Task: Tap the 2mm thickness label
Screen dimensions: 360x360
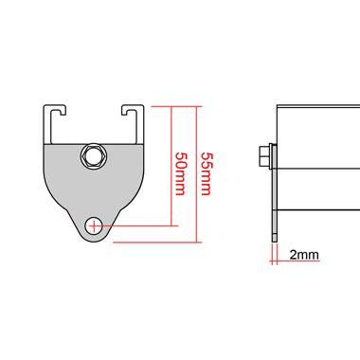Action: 303,254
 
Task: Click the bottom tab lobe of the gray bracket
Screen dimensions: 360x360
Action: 95,230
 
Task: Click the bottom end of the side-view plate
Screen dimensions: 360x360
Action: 275,237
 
